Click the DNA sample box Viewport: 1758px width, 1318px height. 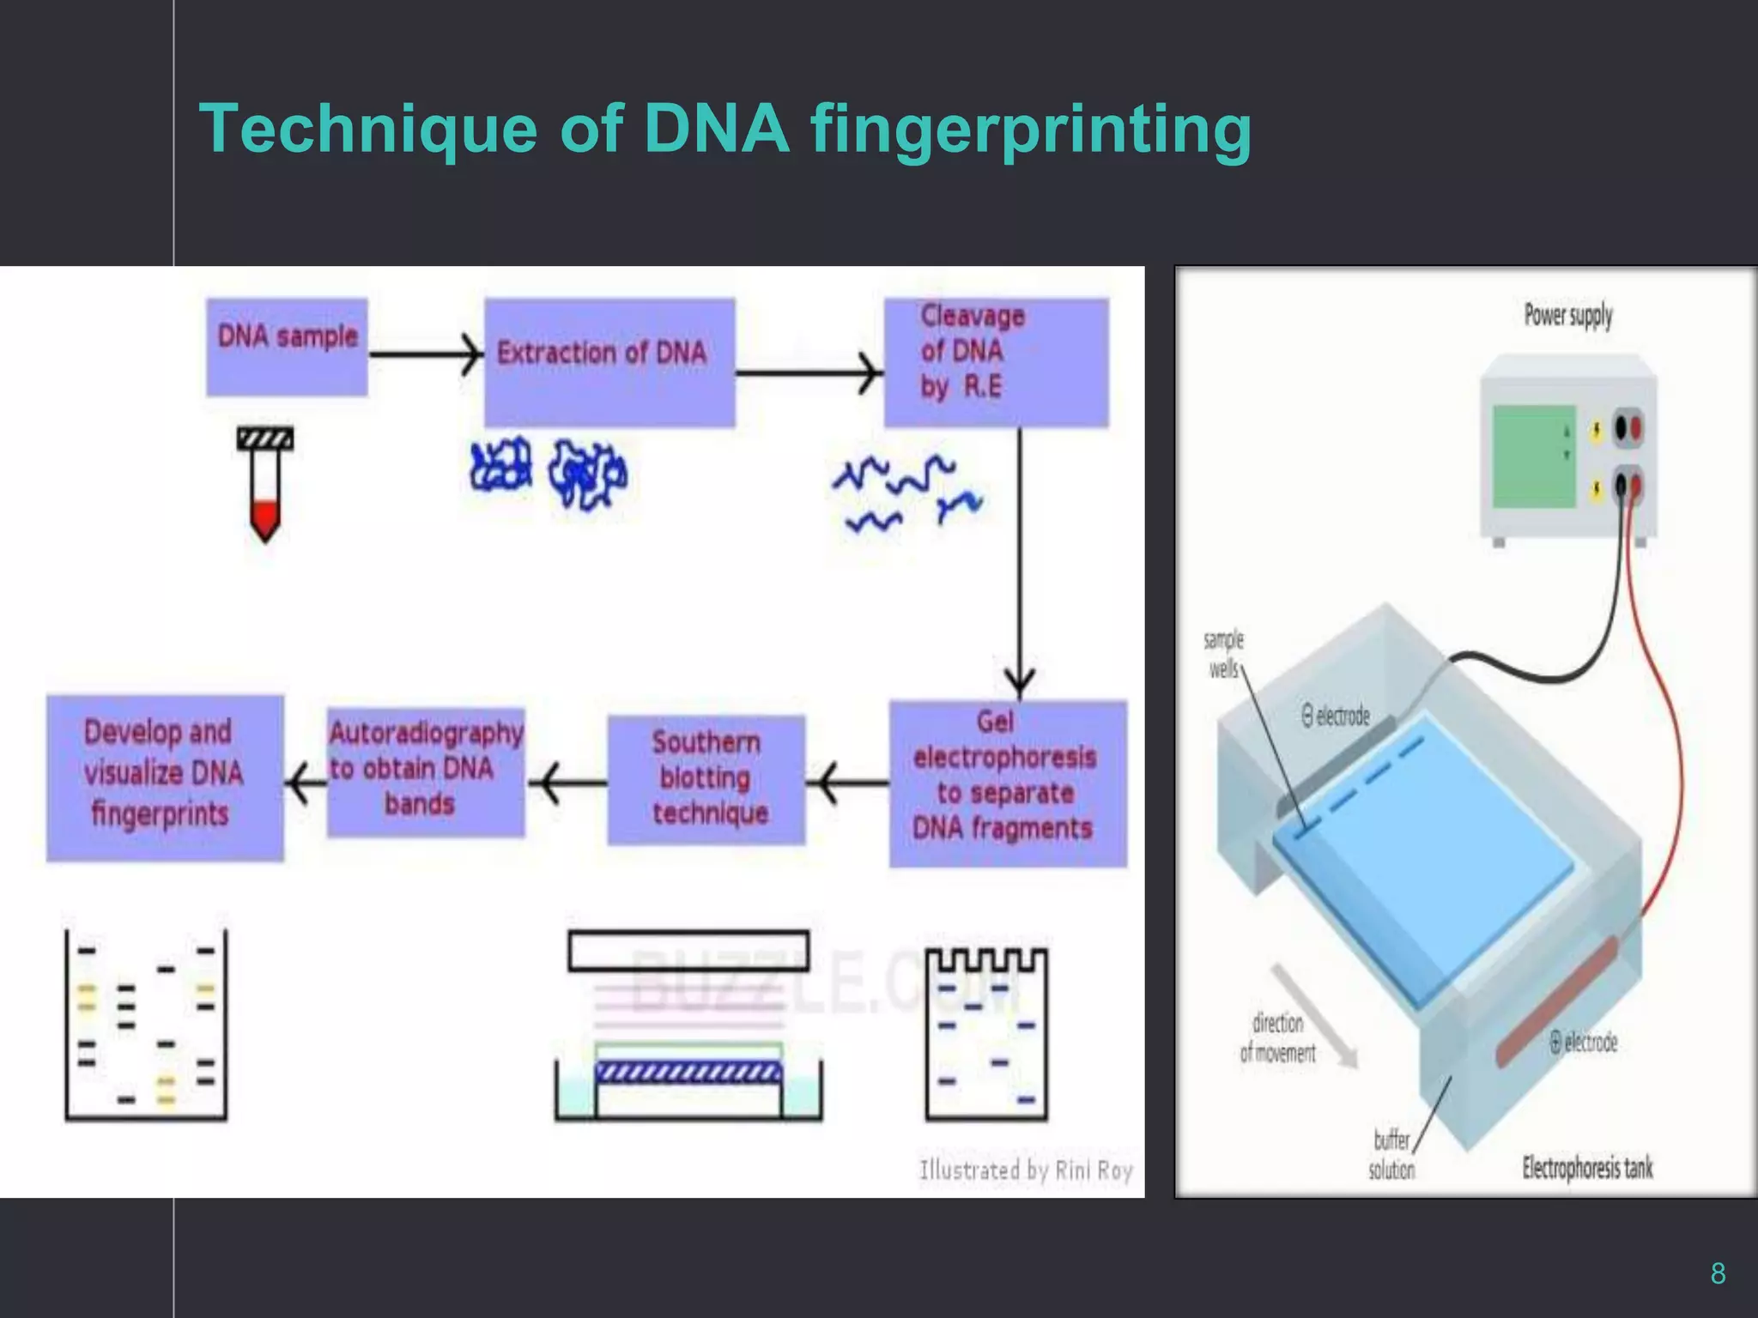click(287, 347)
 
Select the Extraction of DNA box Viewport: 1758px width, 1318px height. click(609, 361)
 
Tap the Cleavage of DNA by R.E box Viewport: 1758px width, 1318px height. click(996, 361)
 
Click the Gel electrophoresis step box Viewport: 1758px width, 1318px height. click(1007, 783)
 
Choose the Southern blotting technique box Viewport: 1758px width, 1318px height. click(706, 779)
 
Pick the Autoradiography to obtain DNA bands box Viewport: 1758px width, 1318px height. click(425, 771)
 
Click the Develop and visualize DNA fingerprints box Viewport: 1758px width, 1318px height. click(165, 777)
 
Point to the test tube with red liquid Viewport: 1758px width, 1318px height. click(265, 485)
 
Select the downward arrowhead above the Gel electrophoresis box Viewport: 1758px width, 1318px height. click(1020, 683)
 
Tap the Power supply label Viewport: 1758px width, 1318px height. click(1567, 315)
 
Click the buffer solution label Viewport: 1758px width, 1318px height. click(1391, 1154)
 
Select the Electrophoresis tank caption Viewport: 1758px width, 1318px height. click(1586, 1167)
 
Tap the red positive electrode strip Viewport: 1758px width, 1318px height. click(1558, 1001)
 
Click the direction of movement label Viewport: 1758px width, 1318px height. click(1277, 1037)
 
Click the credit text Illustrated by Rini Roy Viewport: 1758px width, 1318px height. click(1026, 1170)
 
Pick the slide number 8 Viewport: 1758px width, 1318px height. click(1717, 1273)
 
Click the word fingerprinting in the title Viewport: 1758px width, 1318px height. click(1030, 130)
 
